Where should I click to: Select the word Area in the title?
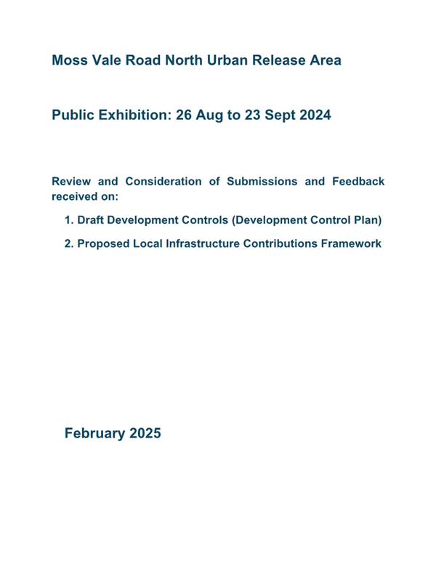(323, 60)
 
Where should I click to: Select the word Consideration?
(154, 181)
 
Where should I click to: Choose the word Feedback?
(355, 181)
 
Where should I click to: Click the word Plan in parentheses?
(365, 219)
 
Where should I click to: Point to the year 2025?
(145, 434)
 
